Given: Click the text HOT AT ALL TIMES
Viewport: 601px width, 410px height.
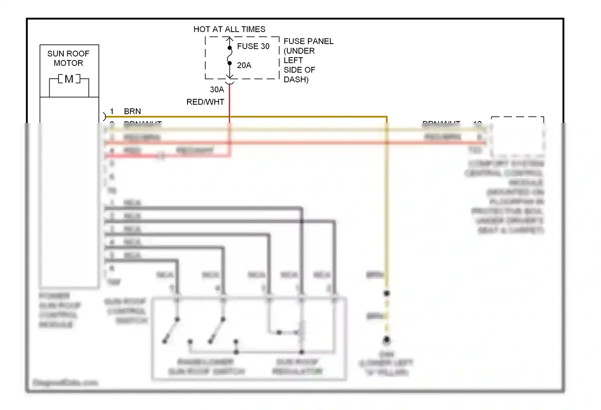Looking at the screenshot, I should click(x=229, y=29).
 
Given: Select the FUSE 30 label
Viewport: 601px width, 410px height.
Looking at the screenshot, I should click(x=253, y=46).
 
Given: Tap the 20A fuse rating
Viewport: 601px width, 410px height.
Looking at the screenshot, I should click(x=244, y=65).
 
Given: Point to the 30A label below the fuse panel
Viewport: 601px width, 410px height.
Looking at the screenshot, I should click(x=217, y=90).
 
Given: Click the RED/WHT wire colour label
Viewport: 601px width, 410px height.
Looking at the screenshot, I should click(x=205, y=102).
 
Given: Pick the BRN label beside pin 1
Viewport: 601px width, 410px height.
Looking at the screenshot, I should click(x=132, y=111).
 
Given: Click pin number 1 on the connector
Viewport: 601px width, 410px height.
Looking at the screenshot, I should click(x=112, y=111).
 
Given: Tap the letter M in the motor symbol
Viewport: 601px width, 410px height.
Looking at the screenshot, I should click(x=69, y=79).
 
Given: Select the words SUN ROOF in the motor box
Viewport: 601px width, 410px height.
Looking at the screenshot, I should click(x=68, y=54).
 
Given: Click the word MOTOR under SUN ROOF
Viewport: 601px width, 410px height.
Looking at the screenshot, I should click(x=68, y=63).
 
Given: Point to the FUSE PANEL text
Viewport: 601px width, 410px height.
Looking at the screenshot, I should click(x=308, y=41).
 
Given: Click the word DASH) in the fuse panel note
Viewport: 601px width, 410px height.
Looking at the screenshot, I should click(x=296, y=79).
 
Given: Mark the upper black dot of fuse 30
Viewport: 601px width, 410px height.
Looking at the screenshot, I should click(x=230, y=48).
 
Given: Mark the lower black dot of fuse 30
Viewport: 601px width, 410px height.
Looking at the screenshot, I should click(x=230, y=63).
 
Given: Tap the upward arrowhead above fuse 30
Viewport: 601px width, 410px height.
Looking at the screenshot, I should click(x=230, y=39).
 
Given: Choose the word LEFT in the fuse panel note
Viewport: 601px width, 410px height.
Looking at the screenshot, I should click(x=293, y=60).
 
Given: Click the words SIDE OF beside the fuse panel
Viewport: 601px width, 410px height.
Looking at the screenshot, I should click(x=299, y=70).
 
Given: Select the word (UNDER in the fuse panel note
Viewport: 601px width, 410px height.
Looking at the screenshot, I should click(x=299, y=51).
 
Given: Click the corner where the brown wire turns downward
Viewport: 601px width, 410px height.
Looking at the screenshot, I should click(x=387, y=117).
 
